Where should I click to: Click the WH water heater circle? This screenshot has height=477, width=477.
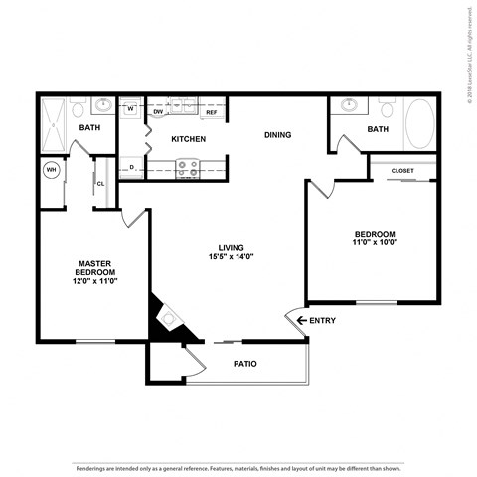(51, 170)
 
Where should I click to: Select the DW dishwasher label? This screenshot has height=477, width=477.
(159, 112)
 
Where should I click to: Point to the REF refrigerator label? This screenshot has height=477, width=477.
(211, 112)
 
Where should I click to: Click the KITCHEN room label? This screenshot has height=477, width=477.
(188, 139)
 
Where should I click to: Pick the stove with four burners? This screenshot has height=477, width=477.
(186, 169)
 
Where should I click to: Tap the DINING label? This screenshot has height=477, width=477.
(277, 134)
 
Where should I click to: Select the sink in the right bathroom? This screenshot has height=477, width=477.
(349, 105)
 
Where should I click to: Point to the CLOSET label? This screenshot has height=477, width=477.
(402, 170)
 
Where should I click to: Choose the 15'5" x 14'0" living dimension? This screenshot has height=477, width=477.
(232, 257)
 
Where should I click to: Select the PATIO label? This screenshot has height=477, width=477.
(245, 364)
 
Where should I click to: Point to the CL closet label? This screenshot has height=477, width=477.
(101, 184)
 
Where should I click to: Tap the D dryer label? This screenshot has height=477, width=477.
(132, 168)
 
